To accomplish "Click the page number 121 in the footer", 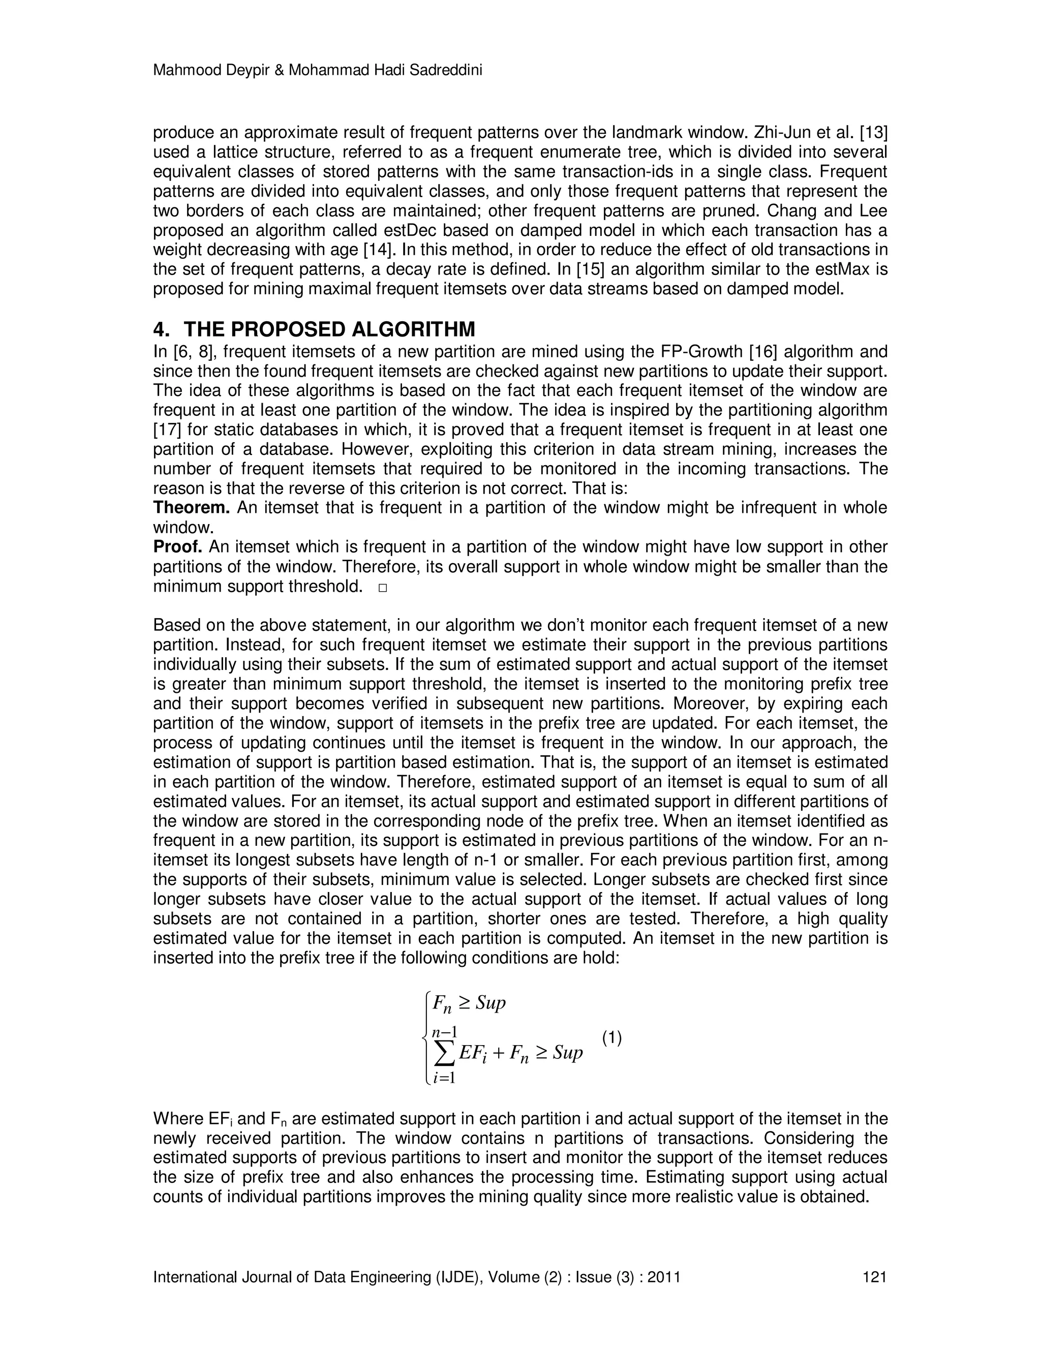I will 874,1277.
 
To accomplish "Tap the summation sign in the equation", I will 444,1054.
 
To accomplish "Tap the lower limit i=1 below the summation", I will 443,1078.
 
